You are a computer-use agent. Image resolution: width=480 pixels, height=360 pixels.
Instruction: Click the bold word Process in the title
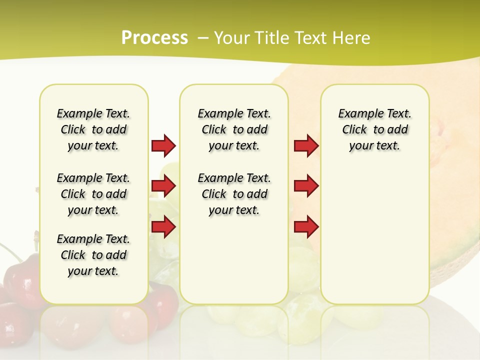pos(154,38)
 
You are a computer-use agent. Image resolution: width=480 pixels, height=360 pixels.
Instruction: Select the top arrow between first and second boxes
pos(163,145)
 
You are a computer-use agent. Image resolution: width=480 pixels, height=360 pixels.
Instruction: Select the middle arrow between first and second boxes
pos(163,186)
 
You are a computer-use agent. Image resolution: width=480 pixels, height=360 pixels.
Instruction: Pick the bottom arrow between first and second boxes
pos(163,226)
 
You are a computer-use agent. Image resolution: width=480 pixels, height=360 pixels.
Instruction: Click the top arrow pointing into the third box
pos(306,145)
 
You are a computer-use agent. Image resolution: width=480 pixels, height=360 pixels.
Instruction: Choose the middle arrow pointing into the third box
pos(306,186)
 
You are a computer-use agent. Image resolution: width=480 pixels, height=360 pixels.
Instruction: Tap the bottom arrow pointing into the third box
pos(306,226)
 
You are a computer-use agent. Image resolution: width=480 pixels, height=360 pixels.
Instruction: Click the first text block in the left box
pos(93,129)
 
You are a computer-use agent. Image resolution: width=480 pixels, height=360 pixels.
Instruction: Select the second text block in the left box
pos(93,194)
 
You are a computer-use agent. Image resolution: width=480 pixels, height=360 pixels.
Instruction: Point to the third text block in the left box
pos(93,255)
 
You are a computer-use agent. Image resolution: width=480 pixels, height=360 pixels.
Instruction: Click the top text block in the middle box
pos(234,129)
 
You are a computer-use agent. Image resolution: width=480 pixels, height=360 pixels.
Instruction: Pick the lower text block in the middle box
pos(234,194)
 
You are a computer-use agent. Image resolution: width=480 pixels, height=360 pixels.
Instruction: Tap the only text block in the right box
pos(374,129)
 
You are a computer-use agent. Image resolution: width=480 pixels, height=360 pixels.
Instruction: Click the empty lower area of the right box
pos(374,240)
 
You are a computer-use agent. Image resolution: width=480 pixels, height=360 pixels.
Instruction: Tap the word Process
pos(154,38)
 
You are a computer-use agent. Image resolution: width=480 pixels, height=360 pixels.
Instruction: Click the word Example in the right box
pos(356,113)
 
